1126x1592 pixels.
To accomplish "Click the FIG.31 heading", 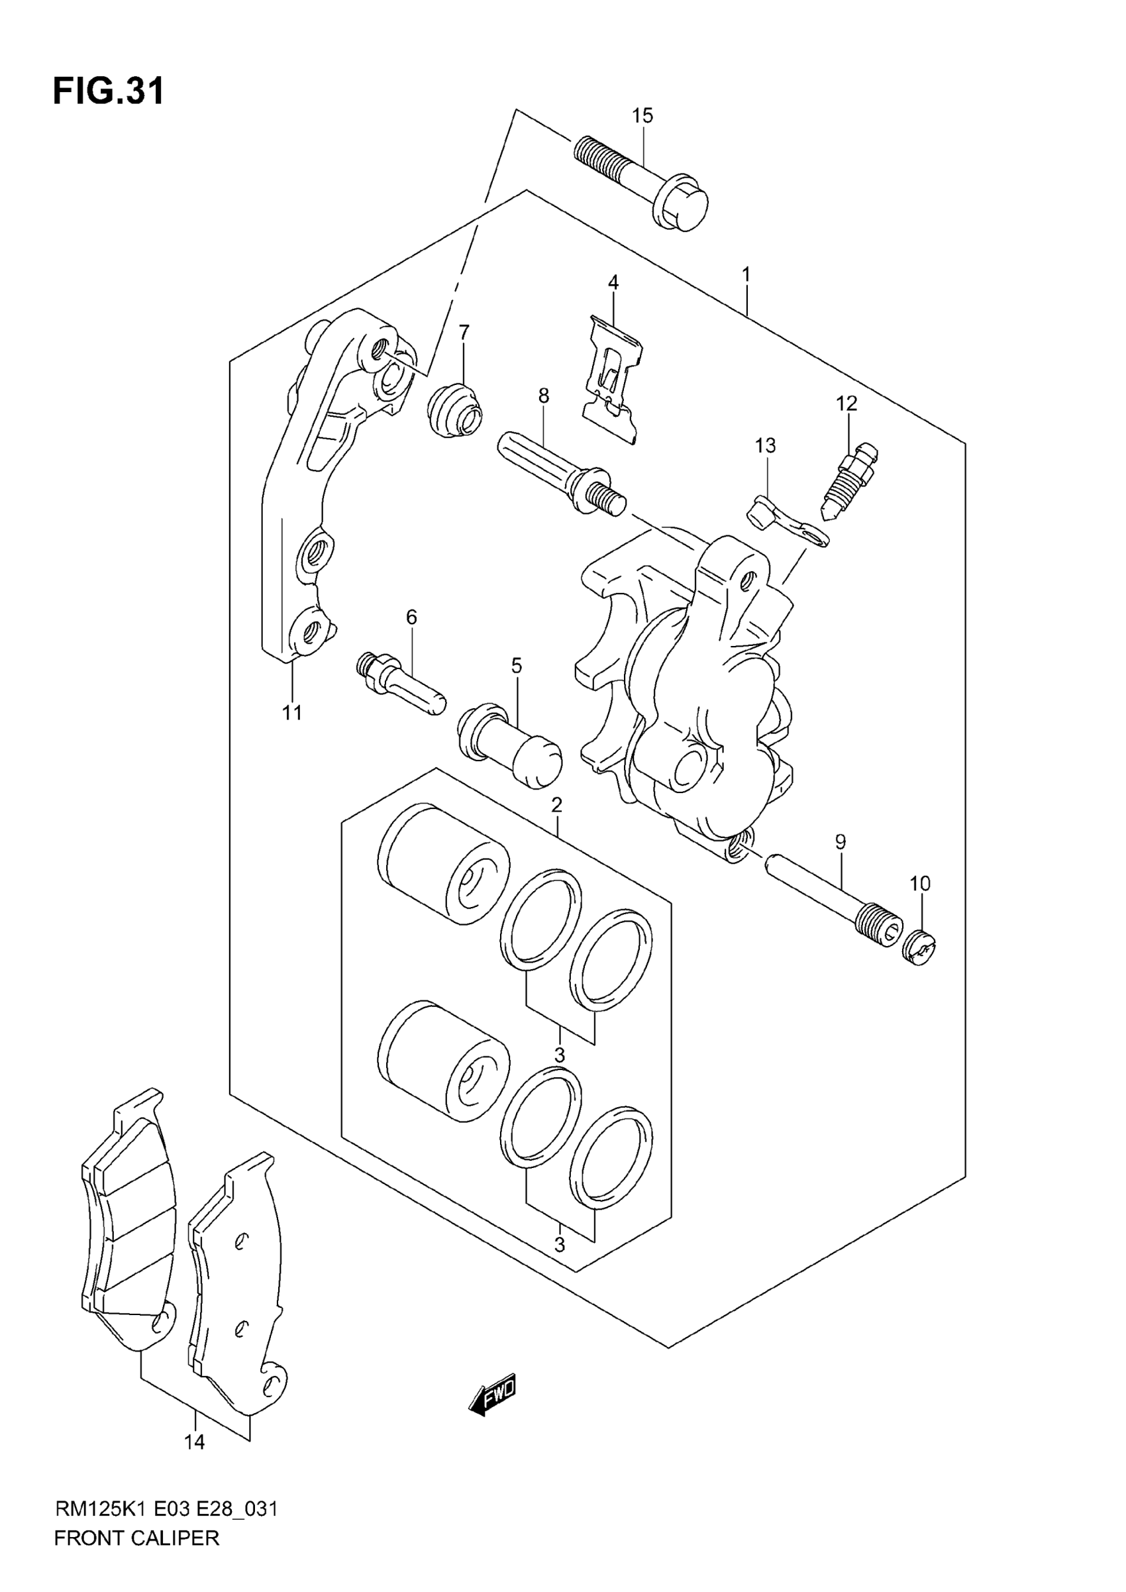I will tap(109, 91).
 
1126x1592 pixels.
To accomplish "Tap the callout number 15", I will tap(642, 116).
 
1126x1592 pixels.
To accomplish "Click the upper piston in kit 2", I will tap(444, 863).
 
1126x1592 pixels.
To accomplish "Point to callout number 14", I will tap(195, 1442).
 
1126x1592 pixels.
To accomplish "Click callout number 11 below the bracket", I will tap(292, 712).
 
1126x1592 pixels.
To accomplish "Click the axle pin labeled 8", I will tap(562, 474).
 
